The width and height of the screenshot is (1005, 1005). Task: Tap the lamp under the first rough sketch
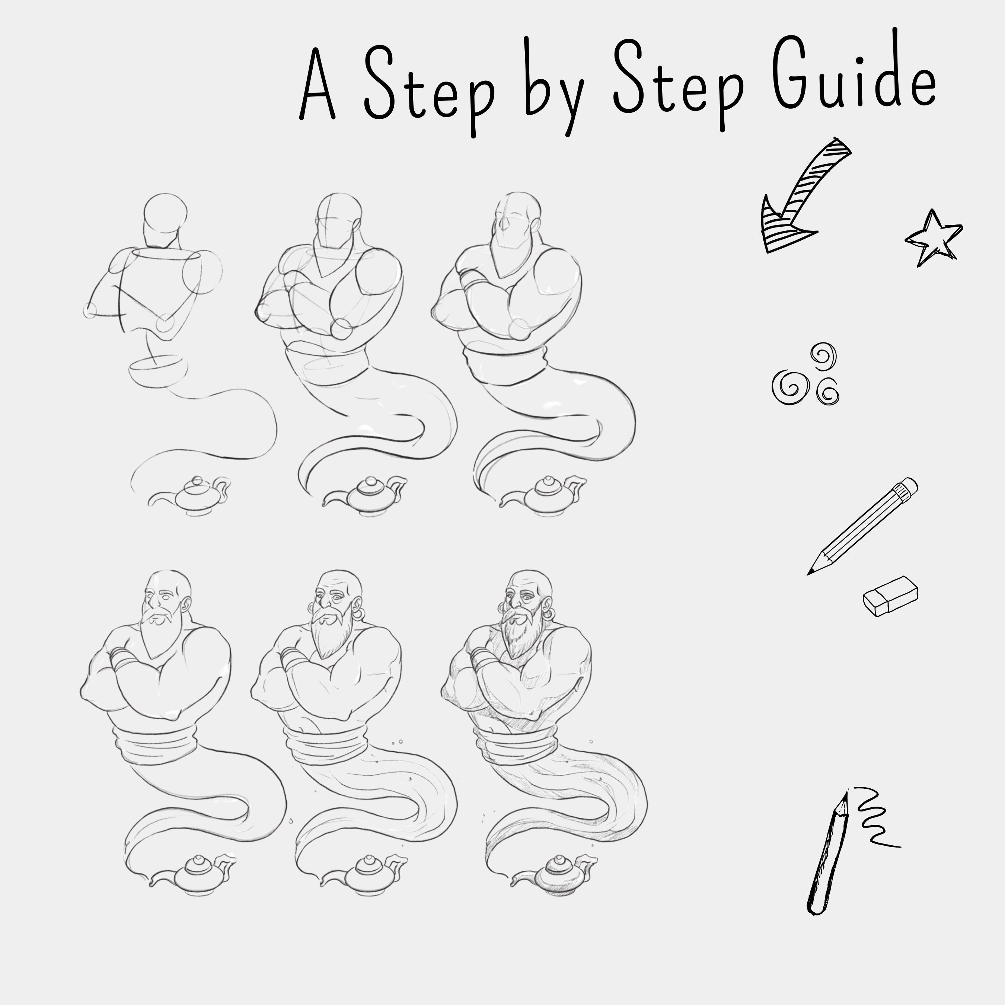(x=190, y=496)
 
